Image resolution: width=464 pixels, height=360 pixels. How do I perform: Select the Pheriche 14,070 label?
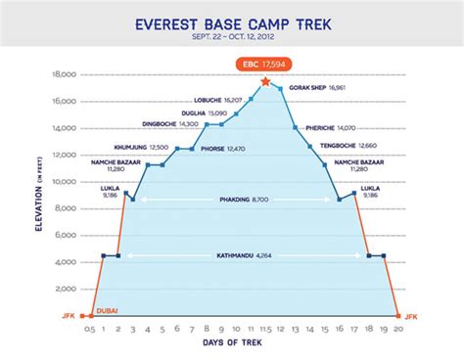[338, 127]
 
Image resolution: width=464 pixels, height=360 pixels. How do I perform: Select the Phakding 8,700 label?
[245, 200]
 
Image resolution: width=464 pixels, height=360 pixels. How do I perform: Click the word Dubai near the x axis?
[107, 310]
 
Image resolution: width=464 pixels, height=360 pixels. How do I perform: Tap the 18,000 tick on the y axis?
[66, 73]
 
